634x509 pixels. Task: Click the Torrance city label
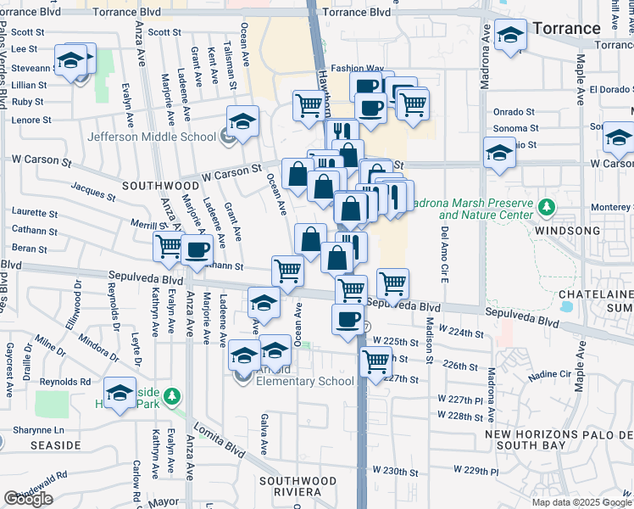coord(567,28)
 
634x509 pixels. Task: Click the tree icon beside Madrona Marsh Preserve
coord(547,205)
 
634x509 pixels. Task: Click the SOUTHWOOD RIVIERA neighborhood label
coord(301,486)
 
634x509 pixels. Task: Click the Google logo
coord(28,499)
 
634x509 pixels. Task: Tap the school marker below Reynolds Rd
coord(120,394)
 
